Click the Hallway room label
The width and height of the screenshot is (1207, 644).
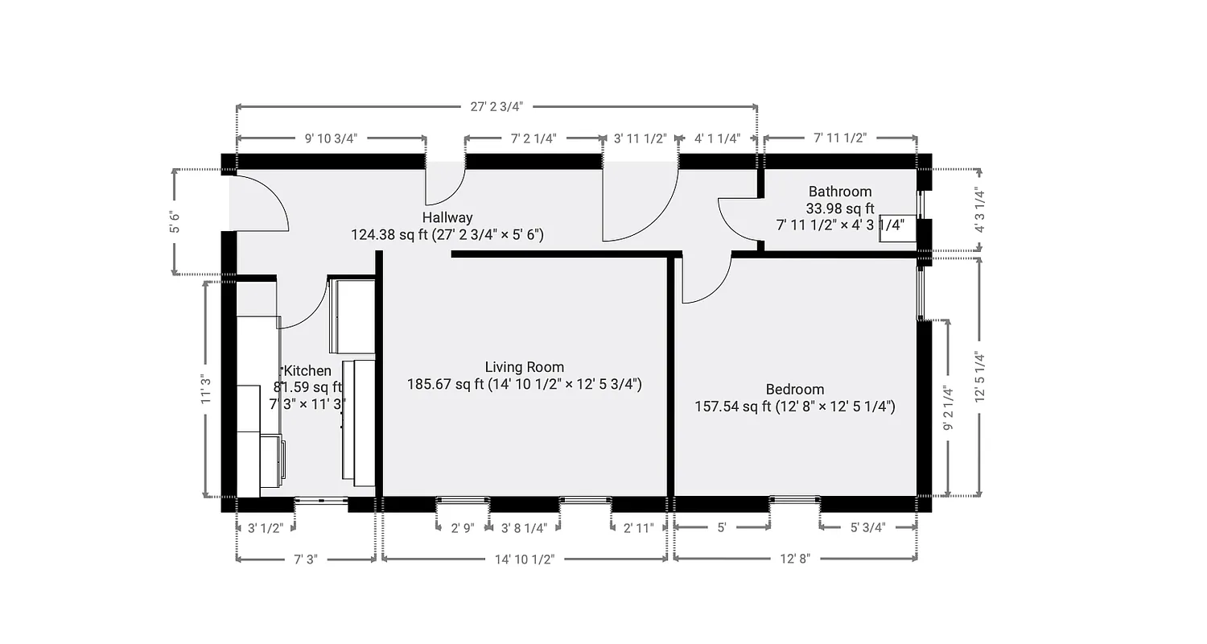pyautogui.click(x=447, y=217)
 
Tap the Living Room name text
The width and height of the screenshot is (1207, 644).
pyautogui.click(x=524, y=367)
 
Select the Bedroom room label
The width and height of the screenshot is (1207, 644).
pyautogui.click(x=794, y=390)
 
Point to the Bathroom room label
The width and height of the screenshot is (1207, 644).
pyautogui.click(x=840, y=192)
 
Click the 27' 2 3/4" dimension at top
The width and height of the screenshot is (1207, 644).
pyautogui.click(x=496, y=106)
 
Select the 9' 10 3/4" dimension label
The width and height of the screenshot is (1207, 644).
pyautogui.click(x=331, y=138)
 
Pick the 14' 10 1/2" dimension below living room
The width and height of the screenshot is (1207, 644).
pyautogui.click(x=524, y=559)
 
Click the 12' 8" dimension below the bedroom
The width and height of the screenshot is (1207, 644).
pyautogui.click(x=794, y=559)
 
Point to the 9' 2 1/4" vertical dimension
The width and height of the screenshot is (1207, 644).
pyautogui.click(x=949, y=409)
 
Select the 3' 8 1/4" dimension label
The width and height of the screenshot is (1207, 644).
pyautogui.click(x=524, y=528)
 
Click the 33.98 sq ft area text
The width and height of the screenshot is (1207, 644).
pyautogui.click(x=840, y=208)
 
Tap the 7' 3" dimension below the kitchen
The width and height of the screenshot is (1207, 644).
pyautogui.click(x=305, y=559)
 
